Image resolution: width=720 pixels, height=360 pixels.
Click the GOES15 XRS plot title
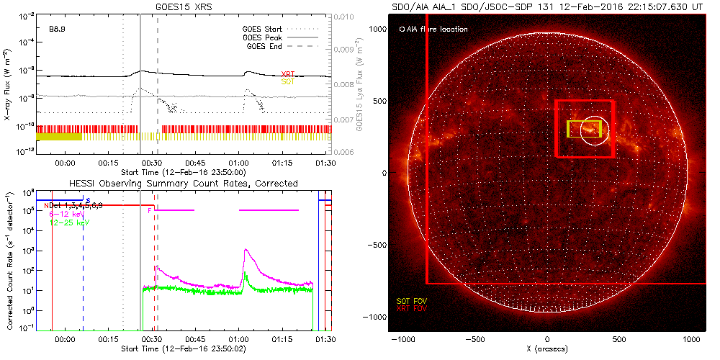tap(184, 6)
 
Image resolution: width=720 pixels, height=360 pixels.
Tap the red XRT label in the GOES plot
tap(288, 74)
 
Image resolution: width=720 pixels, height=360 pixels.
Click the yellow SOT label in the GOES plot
tap(288, 82)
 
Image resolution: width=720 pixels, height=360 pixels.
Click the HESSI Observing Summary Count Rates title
tap(183, 184)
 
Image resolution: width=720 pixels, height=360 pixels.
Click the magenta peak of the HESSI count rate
tap(246, 250)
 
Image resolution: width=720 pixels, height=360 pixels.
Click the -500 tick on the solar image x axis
tap(474, 338)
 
